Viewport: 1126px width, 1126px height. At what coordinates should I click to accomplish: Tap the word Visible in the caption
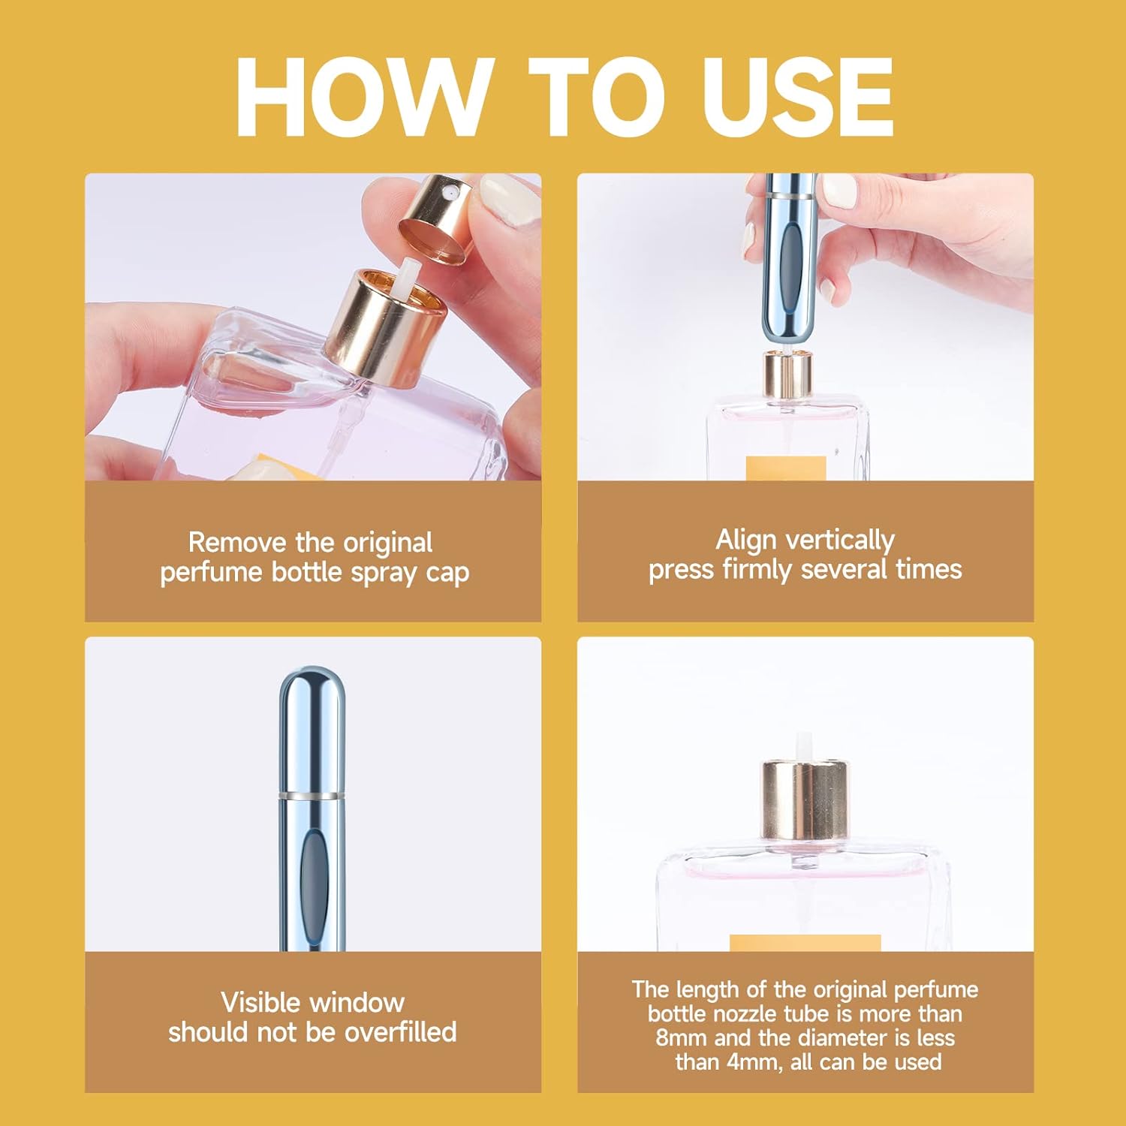coord(260,1003)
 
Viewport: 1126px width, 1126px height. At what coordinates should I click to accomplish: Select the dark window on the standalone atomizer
coord(312,878)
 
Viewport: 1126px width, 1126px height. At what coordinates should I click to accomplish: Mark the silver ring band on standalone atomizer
coord(312,794)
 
